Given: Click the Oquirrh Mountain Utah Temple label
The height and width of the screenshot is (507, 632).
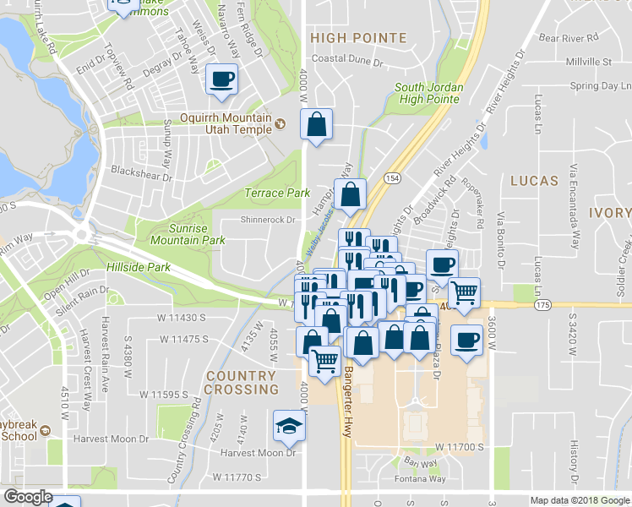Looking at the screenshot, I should pos(225,123).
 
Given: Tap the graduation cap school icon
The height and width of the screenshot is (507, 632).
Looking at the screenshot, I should pos(289,425).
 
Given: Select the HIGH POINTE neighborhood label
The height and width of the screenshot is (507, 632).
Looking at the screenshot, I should pos(358,38).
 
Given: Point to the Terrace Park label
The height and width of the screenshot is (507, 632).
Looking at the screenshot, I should pos(277,194).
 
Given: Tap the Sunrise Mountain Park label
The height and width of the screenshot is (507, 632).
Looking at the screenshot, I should pos(188,234).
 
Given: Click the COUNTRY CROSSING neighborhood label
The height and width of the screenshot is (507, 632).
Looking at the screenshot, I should pos(241,383).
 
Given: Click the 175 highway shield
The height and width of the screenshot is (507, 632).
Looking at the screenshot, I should pos(542,303).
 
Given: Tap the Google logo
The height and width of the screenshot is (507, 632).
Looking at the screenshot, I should pos(29,497).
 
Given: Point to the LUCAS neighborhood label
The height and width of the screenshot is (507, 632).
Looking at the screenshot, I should pos(534,181).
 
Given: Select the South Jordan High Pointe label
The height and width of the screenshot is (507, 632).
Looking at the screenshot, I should pos(427,93).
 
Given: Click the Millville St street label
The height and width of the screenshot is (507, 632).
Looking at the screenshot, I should pos(589,62).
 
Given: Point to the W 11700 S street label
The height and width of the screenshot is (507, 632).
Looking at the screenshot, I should pos(460,445).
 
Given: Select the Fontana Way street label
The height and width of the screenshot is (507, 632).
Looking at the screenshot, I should pos(423,478).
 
